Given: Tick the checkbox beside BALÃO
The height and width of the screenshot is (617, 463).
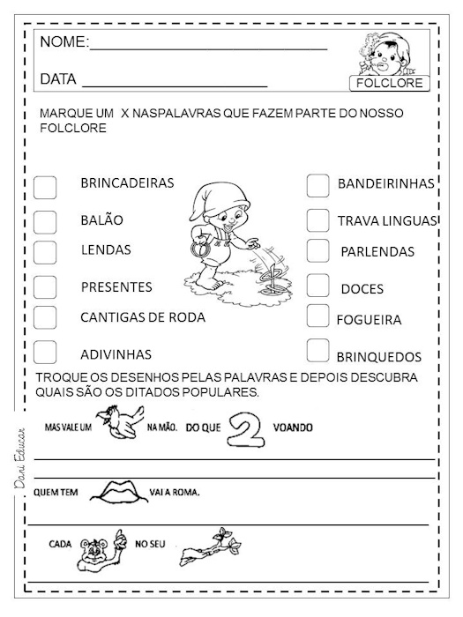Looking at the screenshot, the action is tap(45, 220).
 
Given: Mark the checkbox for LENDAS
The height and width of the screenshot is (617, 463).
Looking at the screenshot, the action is tap(45, 250).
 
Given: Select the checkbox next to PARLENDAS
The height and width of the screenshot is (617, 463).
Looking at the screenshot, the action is tap(318, 250).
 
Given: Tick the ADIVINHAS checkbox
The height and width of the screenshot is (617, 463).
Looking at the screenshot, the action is tap(45, 350).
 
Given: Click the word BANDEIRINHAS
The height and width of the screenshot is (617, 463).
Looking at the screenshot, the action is tap(386, 184).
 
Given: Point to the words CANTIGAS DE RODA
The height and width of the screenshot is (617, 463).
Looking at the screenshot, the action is tap(142, 317).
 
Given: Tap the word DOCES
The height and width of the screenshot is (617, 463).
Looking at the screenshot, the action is tap(362, 289).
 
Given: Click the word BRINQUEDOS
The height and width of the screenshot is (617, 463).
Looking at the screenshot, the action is tap(379, 358).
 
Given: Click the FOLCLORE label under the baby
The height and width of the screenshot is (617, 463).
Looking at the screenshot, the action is tap(388, 84).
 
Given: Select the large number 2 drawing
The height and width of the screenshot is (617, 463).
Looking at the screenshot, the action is tap(242, 429).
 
